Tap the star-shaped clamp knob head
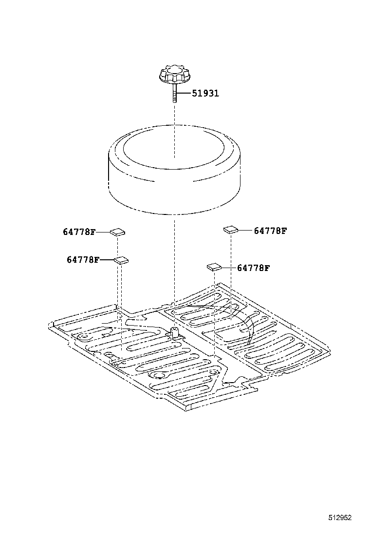(x=174, y=76)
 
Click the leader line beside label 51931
(x=183, y=93)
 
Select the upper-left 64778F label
(x=79, y=232)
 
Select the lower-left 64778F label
(x=83, y=260)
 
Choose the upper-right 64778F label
(x=270, y=231)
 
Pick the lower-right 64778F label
(x=253, y=268)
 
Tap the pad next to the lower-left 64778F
(x=121, y=260)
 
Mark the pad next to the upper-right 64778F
(x=231, y=230)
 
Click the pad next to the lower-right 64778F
(x=214, y=267)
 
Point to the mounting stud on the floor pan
(x=173, y=333)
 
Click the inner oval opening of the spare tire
(x=174, y=146)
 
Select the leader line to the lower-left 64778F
(x=107, y=260)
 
